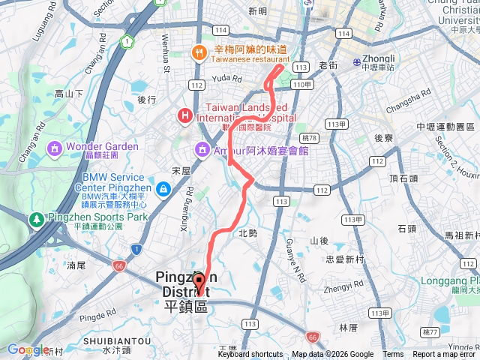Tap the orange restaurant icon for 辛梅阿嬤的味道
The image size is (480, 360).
coord(199,52)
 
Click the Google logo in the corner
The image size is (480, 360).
coord(28,349)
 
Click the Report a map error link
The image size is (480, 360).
coord(445,355)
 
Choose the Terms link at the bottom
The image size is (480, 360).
coord(393,355)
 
